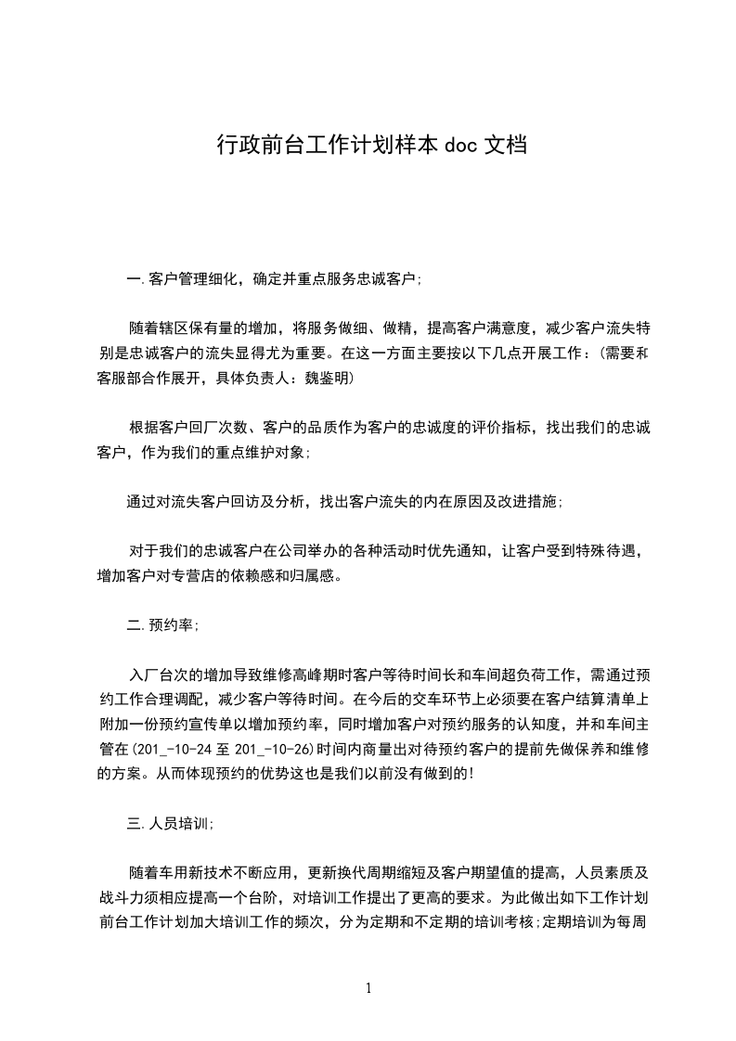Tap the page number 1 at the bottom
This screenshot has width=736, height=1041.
[368, 988]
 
